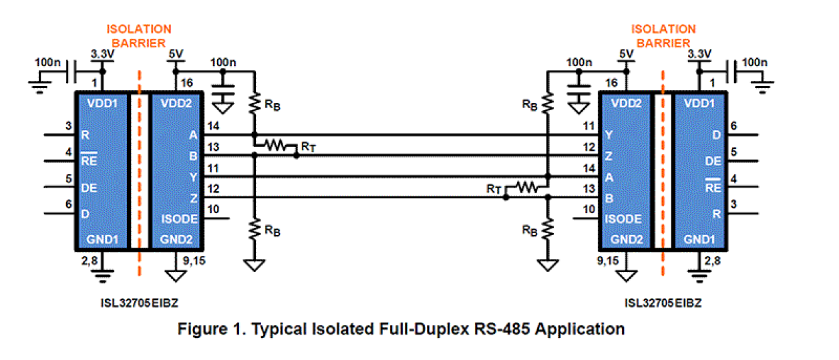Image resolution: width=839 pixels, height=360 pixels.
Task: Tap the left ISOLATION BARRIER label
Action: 139,36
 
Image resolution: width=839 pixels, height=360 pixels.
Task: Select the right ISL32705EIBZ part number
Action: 663,303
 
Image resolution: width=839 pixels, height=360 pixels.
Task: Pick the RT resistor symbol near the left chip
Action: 275,144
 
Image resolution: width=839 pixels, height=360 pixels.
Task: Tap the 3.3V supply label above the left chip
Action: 102,53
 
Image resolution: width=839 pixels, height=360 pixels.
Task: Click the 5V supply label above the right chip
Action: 626,53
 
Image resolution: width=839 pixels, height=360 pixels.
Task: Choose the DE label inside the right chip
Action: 713,161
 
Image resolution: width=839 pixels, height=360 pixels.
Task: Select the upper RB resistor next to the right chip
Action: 547,104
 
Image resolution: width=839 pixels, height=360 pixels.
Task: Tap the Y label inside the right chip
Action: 608,135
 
